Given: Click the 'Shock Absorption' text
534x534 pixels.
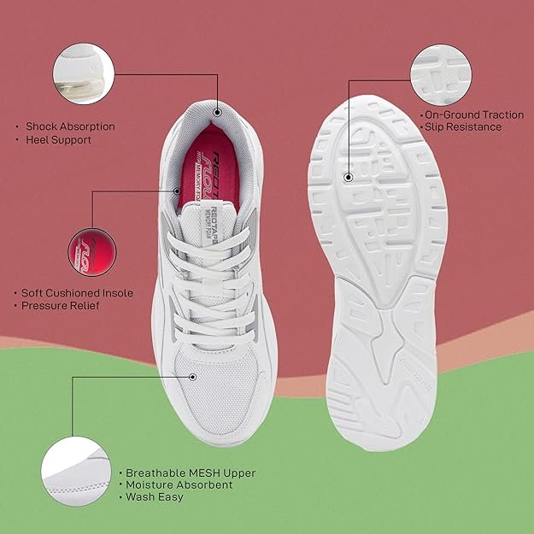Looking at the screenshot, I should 70,126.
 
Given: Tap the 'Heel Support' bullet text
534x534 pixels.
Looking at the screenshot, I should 58,140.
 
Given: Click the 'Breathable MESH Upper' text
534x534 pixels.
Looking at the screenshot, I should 191,472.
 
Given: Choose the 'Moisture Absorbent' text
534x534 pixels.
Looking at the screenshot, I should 179,484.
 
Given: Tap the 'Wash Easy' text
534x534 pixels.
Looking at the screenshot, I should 154,497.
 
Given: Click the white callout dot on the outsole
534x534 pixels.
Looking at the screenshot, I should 349,177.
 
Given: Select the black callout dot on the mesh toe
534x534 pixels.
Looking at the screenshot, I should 193,376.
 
